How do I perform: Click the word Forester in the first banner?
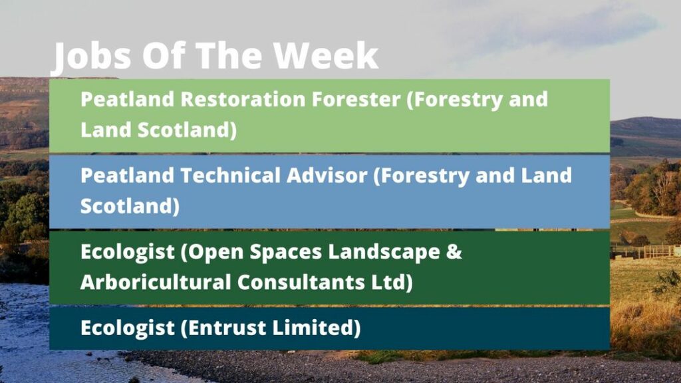(356, 99)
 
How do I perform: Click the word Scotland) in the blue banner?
(130, 206)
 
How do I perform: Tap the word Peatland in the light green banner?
(127, 99)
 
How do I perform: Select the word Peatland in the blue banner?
(127, 176)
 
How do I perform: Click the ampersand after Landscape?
(454, 251)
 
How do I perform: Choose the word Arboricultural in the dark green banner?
(156, 282)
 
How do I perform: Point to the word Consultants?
(301, 282)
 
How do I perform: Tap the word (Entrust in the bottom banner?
(223, 328)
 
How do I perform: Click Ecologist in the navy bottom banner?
(128, 328)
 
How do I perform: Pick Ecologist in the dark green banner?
(128, 253)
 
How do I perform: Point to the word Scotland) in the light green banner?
(187, 130)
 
